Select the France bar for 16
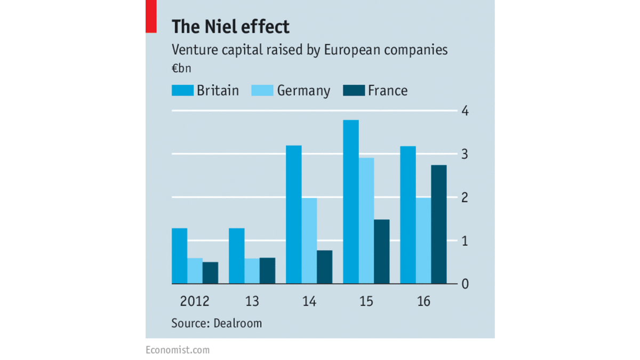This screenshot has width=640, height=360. [438, 224]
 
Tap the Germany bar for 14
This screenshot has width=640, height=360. [309, 241]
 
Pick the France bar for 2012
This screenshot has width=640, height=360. [210, 273]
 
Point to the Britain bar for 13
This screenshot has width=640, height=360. [236, 256]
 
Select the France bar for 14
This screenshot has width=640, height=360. [324, 267]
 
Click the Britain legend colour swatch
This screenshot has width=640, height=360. [182, 90]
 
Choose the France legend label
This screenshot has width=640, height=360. [388, 91]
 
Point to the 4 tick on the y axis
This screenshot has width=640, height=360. [465, 111]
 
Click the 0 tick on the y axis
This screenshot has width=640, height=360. [465, 284]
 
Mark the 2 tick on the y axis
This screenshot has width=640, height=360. [465, 197]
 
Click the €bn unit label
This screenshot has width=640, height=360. [181, 69]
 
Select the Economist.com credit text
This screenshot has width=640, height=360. [178, 350]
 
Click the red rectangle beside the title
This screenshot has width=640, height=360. [151, 17]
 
